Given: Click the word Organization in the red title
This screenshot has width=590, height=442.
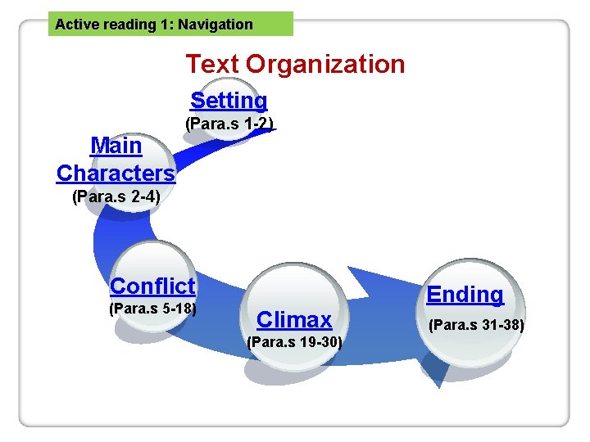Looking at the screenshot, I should [x=325, y=64].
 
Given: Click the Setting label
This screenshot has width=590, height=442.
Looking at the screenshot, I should [x=229, y=101].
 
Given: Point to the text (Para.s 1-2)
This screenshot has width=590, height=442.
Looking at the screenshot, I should [x=229, y=124].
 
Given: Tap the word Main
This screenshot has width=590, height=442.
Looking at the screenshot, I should [x=116, y=146].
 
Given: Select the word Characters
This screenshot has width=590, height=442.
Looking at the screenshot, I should [x=116, y=174].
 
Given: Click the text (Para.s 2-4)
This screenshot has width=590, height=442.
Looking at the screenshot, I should [x=116, y=196].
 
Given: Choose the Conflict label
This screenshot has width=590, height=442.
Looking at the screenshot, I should [x=152, y=286].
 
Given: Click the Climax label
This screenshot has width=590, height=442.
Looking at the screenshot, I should [x=294, y=319].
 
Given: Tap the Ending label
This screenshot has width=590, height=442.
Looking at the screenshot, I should [x=465, y=295].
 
